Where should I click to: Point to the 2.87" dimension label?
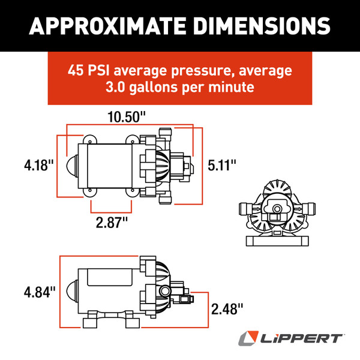point(112,223)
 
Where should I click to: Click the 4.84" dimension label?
point(39,292)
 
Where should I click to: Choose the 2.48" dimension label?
point(227,309)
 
